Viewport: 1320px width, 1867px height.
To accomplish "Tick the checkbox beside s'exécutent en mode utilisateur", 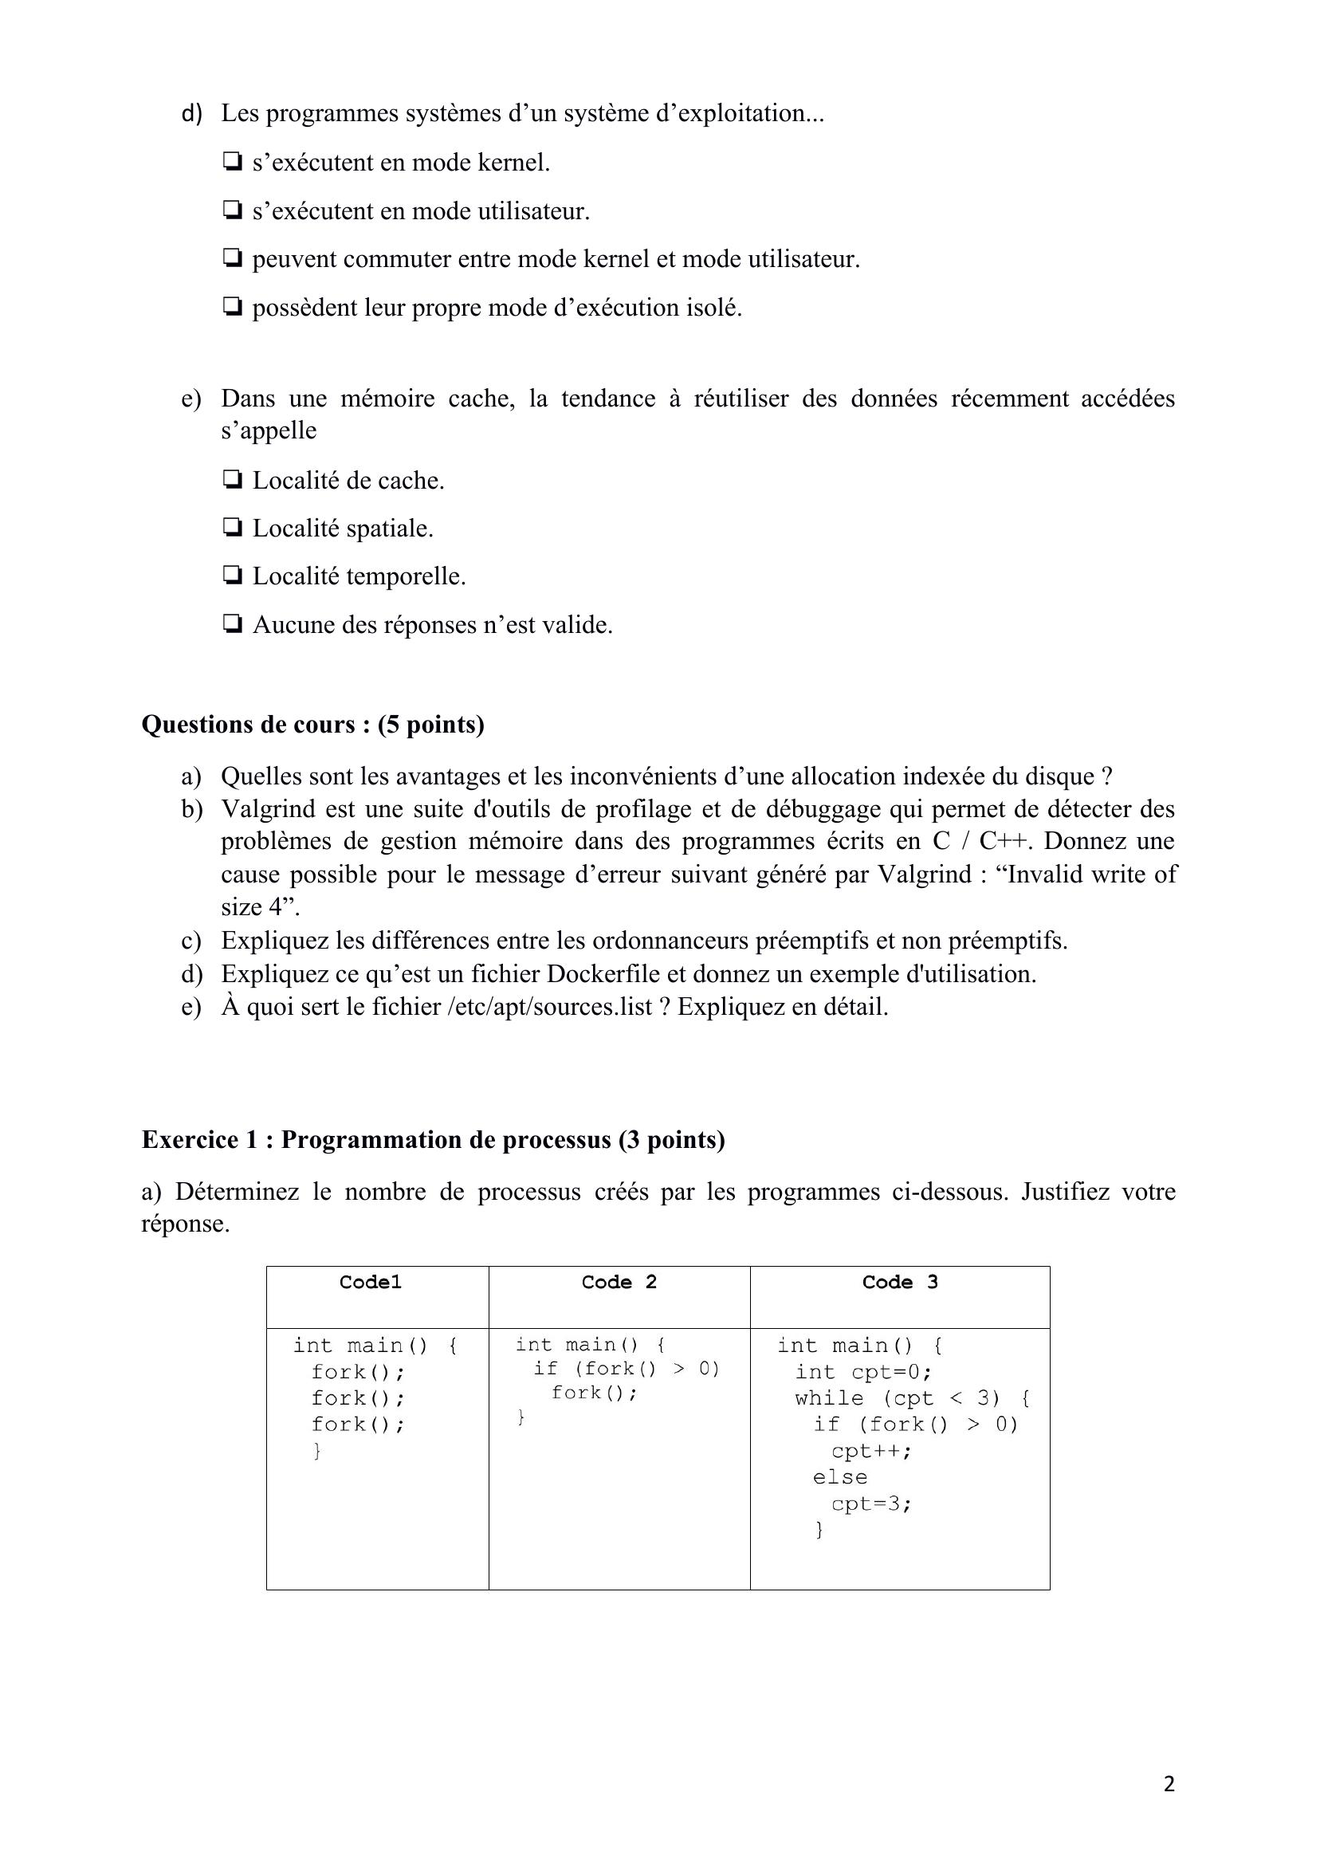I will point(232,210).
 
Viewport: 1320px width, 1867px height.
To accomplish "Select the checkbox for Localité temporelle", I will point(232,576).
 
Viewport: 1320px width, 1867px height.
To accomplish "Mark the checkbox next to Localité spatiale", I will point(232,528).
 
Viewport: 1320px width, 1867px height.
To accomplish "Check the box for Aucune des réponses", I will point(232,624).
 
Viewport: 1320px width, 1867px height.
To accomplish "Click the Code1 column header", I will point(370,1283).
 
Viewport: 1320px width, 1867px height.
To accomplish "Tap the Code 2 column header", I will point(619,1283).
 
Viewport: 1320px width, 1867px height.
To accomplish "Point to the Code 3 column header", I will point(899,1283).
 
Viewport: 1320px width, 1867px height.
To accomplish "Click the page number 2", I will point(1169,1785).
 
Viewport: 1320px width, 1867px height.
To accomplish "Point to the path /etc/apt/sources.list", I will point(550,1007).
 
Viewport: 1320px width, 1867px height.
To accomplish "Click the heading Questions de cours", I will point(312,724).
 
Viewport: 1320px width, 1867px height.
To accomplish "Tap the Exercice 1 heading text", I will point(433,1139).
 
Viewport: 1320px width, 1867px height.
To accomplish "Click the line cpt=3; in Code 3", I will point(871,1503).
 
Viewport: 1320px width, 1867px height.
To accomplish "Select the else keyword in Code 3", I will point(840,1476).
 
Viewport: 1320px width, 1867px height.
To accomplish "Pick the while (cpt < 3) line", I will point(913,1397).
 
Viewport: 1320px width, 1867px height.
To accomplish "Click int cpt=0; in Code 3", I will point(863,1372).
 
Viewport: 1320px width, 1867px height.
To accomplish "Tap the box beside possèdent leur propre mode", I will point(232,308).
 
